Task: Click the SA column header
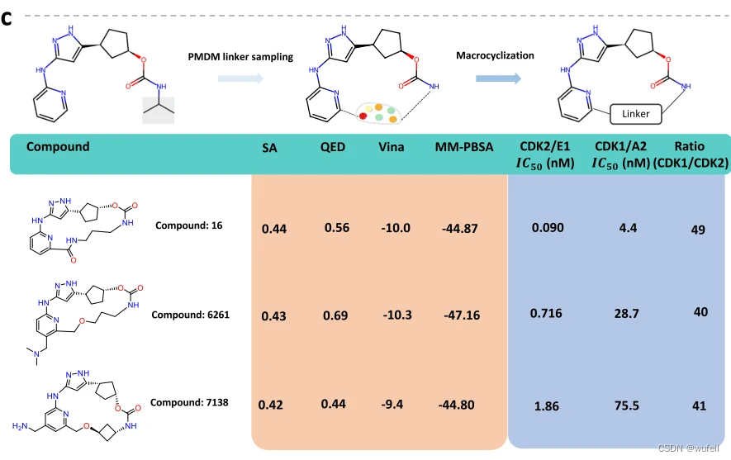(269, 148)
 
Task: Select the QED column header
(332, 148)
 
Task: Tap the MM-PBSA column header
(464, 148)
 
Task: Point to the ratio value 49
(698, 229)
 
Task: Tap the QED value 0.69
(335, 315)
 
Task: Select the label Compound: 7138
(189, 402)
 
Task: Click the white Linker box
(636, 113)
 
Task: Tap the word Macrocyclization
(495, 55)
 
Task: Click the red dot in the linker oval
(363, 116)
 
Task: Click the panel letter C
(7, 18)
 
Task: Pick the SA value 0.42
(270, 405)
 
